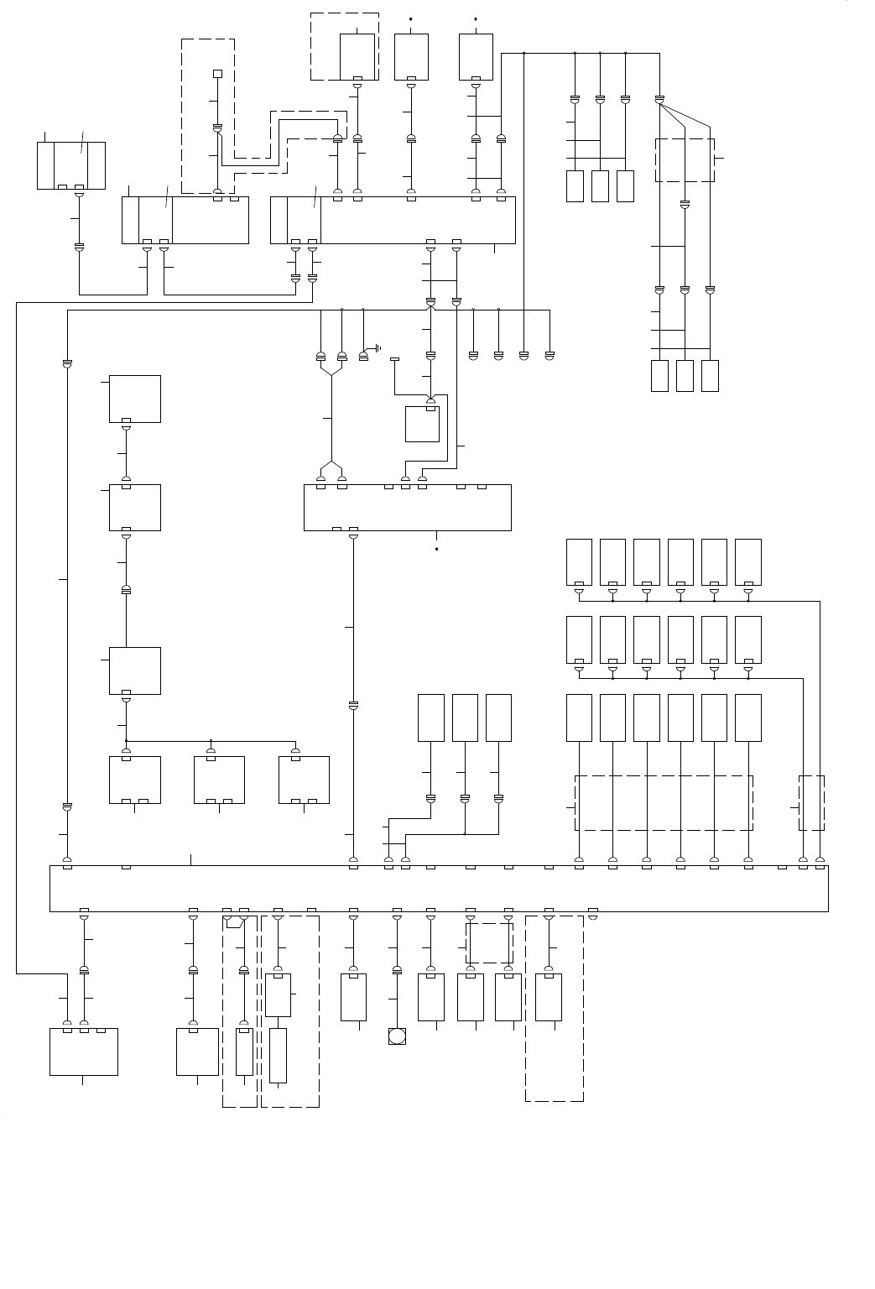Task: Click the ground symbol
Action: point(378,347)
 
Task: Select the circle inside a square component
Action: point(397,1036)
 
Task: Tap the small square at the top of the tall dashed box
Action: point(217,74)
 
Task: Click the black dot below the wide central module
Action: point(437,550)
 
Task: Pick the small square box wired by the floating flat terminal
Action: point(422,424)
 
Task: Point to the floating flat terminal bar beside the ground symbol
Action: point(395,359)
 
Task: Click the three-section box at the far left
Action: point(71,165)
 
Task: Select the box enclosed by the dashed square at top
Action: point(357,57)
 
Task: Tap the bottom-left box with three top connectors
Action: point(84,1052)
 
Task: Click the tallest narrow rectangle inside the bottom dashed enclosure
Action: point(278,1055)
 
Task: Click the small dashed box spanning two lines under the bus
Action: point(489,943)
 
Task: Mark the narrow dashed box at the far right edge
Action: point(812,803)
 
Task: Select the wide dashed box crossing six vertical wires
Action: point(664,803)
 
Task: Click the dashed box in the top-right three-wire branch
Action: point(685,160)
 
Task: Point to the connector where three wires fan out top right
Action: point(659,100)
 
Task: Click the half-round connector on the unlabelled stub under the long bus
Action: point(593,916)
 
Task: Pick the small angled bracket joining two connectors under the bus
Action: point(235,922)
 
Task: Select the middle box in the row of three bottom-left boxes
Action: point(219,780)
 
